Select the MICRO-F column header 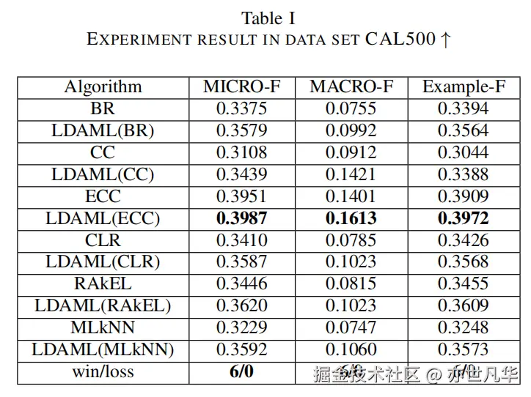click(241, 86)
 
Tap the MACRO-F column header click(351, 86)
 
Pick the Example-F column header click(464, 86)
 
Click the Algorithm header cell click(103, 86)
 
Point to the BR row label click(103, 108)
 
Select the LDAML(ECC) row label click(103, 218)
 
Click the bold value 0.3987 click(241, 218)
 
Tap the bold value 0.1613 click(351, 218)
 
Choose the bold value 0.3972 click(464, 218)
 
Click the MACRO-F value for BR click(351, 108)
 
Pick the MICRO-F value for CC click(241, 152)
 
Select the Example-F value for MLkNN click(464, 327)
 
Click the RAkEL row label click(103, 283)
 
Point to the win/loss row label click(103, 371)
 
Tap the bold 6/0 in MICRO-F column click(241, 371)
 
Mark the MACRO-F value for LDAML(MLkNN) click(351, 349)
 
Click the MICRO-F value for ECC click(241, 196)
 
